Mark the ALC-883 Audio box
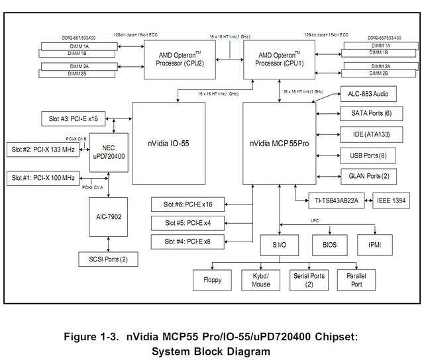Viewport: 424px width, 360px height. [368, 95]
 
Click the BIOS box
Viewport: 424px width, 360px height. [329, 244]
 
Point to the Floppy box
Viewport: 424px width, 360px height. [212, 280]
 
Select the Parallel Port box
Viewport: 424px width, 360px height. [356, 280]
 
